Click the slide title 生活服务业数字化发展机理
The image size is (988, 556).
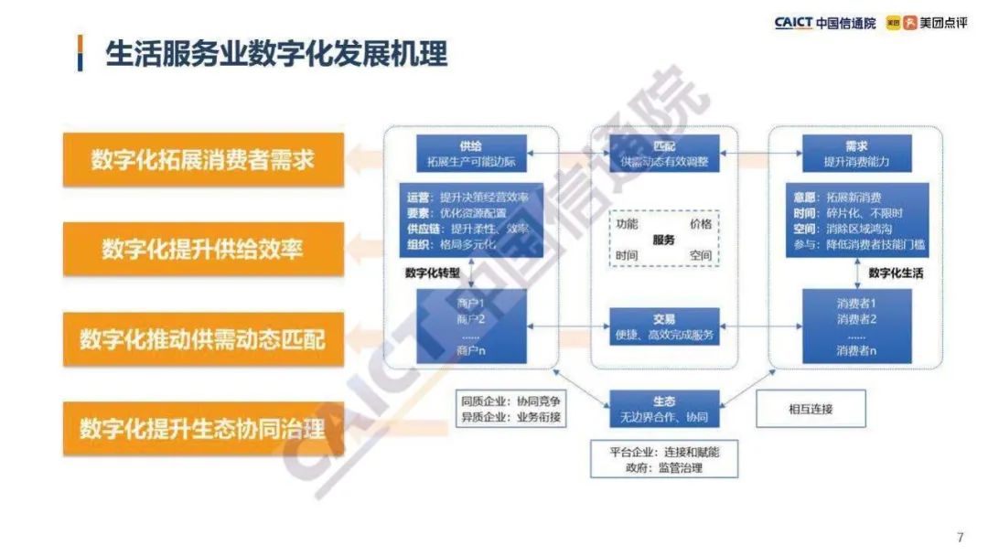[276, 54]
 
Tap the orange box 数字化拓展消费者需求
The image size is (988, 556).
[203, 160]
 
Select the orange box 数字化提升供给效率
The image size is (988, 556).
[203, 249]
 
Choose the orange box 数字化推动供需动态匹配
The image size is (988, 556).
[203, 338]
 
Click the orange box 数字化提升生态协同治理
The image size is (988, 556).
[203, 428]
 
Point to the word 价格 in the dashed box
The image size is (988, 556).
[700, 224]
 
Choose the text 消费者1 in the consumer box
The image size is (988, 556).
[856, 303]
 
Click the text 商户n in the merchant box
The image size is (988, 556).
[474, 350]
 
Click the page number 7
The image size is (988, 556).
[960, 537]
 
